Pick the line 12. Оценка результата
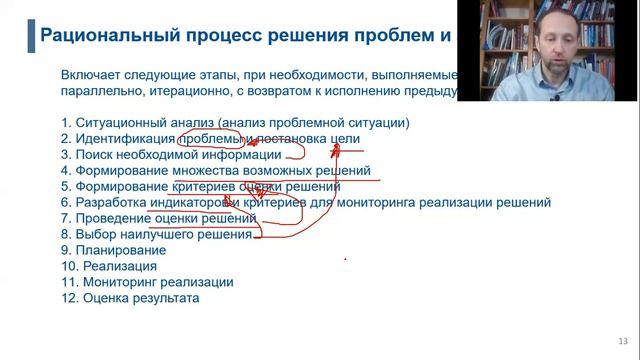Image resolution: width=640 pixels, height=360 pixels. pyautogui.click(x=130, y=298)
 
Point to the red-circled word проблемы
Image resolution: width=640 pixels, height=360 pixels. pyautogui.click(x=211, y=139)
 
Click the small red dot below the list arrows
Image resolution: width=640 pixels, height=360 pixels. pyautogui.click(x=345, y=259)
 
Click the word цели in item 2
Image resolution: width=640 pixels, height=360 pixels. pyautogui.click(x=342, y=139)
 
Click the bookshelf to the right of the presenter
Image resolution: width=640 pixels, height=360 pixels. pyautogui.click(x=600, y=50)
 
